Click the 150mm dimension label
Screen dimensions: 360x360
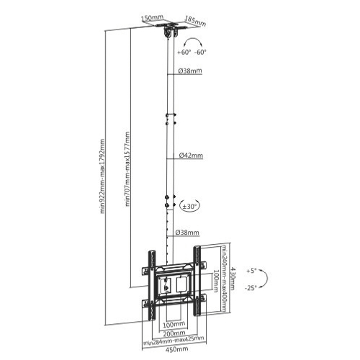(x=150, y=13)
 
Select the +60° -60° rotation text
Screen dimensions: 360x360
(x=191, y=51)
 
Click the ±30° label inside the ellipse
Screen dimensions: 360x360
(x=190, y=206)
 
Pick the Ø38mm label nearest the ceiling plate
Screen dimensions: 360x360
(x=190, y=71)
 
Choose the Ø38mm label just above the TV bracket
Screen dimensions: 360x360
(x=190, y=233)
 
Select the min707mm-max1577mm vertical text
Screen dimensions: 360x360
(x=127, y=169)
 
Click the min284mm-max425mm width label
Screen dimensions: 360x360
(x=171, y=341)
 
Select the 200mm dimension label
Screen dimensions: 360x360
(x=171, y=332)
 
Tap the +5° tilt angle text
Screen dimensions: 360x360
(x=250, y=271)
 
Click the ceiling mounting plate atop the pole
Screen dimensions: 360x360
(x=171, y=30)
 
